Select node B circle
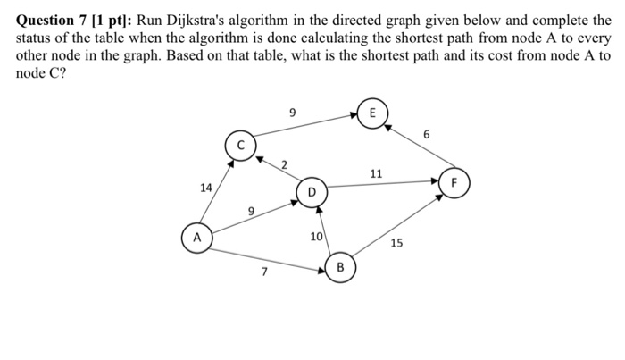point(340,267)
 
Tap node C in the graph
point(238,145)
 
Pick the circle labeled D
point(312,192)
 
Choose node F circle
point(454,181)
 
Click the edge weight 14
point(206,188)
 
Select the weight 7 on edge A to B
point(264,272)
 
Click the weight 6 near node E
point(427,135)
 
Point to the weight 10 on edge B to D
point(316,237)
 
